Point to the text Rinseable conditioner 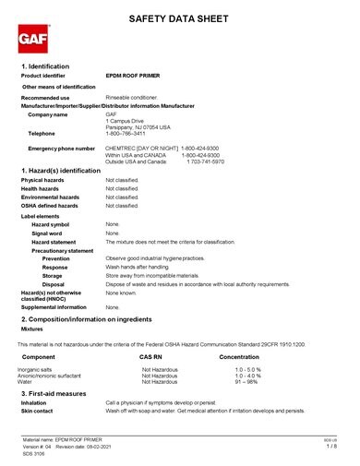tap(135, 97)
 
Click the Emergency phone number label tap(61, 148)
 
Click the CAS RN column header tap(151, 355)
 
